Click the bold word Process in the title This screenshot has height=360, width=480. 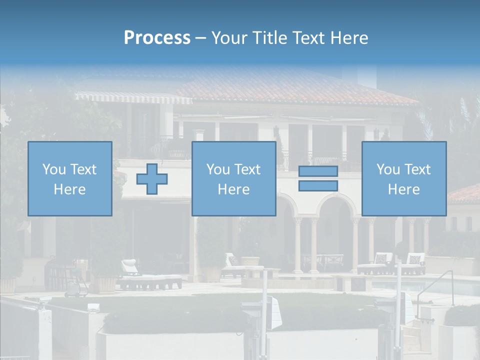[x=157, y=38]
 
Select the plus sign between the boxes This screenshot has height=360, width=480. [x=152, y=178]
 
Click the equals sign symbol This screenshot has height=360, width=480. [x=318, y=178]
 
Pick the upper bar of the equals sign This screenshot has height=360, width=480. [x=318, y=171]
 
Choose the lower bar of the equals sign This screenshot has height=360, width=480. [x=318, y=185]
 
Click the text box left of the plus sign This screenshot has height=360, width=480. [x=69, y=178]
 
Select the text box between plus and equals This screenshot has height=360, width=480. [x=233, y=178]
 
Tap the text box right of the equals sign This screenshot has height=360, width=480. [x=403, y=178]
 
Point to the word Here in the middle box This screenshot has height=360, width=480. [x=233, y=189]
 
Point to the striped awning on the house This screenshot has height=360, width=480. [x=132, y=97]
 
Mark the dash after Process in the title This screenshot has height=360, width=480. [x=201, y=38]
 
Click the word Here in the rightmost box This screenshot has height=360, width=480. [x=403, y=189]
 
